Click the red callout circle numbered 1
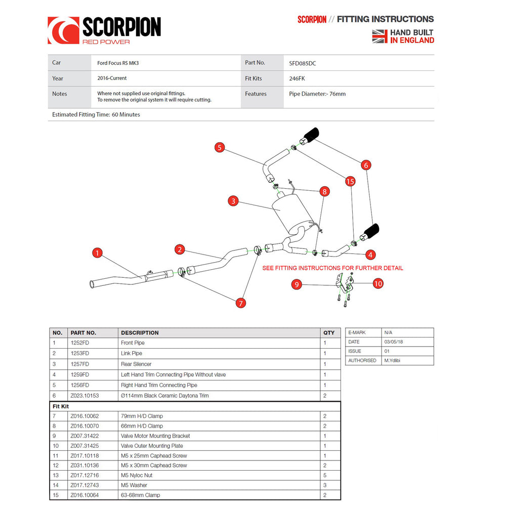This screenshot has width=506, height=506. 97,252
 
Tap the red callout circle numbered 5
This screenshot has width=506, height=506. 220,147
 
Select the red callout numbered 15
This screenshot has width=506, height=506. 350,181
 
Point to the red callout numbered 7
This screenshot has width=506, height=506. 240,303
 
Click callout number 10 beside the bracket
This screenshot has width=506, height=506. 378,284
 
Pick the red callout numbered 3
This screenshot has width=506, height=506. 233,201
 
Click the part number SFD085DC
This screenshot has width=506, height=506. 303,63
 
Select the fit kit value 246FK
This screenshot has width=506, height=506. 297,78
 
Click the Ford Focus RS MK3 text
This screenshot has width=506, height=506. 118,63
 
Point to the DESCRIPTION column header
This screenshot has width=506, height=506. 140,333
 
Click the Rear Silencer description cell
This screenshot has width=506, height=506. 136,364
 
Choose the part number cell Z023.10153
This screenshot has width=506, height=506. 85,396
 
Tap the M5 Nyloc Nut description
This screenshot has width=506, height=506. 137,475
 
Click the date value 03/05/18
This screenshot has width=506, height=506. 393,342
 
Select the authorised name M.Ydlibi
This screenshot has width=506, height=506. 392,360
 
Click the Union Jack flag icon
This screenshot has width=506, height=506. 379,36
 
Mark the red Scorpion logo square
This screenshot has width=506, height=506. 63,30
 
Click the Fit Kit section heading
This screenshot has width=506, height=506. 61,406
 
